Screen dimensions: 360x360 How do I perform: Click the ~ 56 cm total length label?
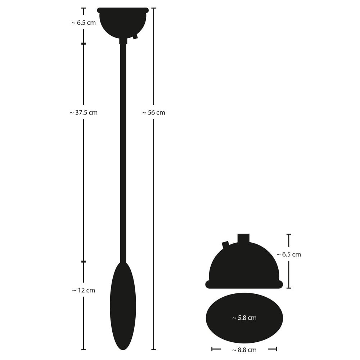click(154, 113)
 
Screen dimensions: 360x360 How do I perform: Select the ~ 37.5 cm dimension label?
click(84, 113)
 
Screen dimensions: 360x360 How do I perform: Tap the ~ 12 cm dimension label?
click(84, 291)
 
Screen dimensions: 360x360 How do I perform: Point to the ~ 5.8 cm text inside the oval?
click(244, 318)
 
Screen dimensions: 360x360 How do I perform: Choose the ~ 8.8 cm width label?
click(244, 350)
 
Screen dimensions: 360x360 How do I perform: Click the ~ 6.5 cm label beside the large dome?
click(289, 255)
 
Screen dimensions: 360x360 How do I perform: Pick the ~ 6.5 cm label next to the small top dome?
click(84, 23)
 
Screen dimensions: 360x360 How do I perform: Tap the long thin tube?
click(123, 153)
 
